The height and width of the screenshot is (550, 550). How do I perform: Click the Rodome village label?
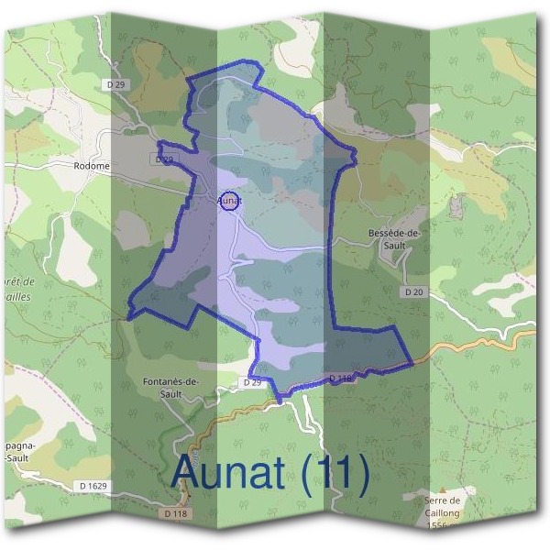[92, 166]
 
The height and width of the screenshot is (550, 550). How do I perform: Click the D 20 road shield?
[414, 291]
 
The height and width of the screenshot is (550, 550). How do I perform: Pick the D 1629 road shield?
[93, 484]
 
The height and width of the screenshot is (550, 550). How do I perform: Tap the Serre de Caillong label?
[444, 506]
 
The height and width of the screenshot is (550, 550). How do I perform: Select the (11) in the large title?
[334, 473]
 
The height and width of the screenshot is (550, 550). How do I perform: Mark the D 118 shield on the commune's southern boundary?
[339, 378]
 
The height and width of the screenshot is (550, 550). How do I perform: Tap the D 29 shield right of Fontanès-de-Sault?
[254, 380]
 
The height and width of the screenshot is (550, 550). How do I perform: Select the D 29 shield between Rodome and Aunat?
[163, 159]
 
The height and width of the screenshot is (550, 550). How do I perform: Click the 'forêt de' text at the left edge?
[19, 281]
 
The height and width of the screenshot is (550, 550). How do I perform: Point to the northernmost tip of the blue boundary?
[245, 61]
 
